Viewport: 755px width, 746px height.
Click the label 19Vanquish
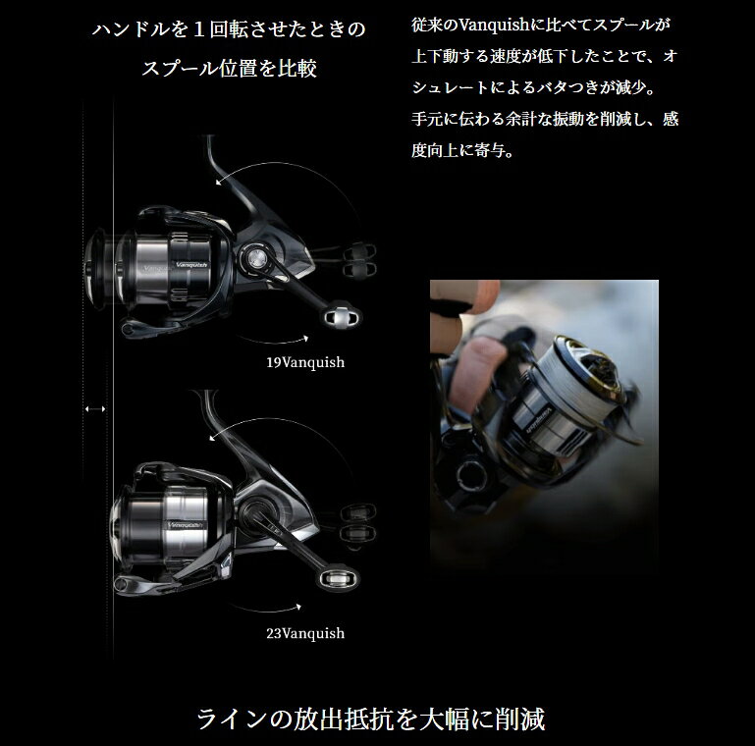pos(305,362)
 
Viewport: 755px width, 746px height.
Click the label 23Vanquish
pos(305,633)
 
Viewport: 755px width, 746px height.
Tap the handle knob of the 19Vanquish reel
pos(342,316)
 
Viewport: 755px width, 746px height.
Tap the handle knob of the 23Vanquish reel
pos(339,577)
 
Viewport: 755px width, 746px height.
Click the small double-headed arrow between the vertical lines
pos(95,409)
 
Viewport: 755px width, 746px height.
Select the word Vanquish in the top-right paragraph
pos(495,25)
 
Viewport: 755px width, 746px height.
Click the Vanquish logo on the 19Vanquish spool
pos(191,265)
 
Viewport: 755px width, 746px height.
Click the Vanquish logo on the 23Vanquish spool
pos(186,525)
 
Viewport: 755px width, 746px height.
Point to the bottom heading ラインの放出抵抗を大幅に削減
pos(371,719)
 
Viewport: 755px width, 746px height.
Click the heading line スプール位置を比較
pos(229,68)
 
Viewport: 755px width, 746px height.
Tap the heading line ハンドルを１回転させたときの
pos(229,29)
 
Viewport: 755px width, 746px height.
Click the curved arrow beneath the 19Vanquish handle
pos(273,340)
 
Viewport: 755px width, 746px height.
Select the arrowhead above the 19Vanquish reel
pos(219,182)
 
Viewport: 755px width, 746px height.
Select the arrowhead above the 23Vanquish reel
pos(212,438)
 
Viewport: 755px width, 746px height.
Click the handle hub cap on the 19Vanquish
pos(254,259)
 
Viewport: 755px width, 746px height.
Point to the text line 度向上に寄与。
pos(462,150)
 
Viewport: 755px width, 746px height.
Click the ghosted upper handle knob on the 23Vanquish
pos(357,512)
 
